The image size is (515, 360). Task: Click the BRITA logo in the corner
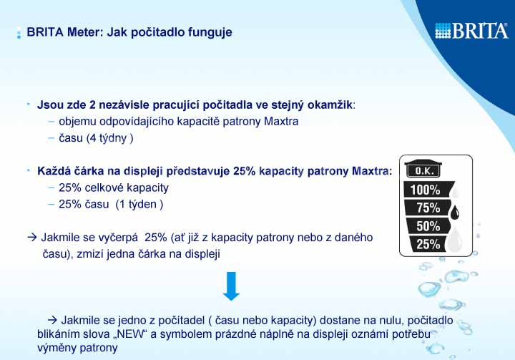point(471,31)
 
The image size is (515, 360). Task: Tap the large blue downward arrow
point(231,286)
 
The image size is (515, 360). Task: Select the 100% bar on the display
point(428,190)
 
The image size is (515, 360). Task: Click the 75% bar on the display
point(427,208)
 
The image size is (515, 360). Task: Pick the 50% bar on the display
point(427,226)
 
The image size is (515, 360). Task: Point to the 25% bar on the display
point(427,244)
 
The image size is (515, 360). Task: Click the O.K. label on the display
point(423,170)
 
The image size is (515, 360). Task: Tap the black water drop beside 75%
point(455,212)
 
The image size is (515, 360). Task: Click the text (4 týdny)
point(109,138)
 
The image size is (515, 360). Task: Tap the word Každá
point(54,171)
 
